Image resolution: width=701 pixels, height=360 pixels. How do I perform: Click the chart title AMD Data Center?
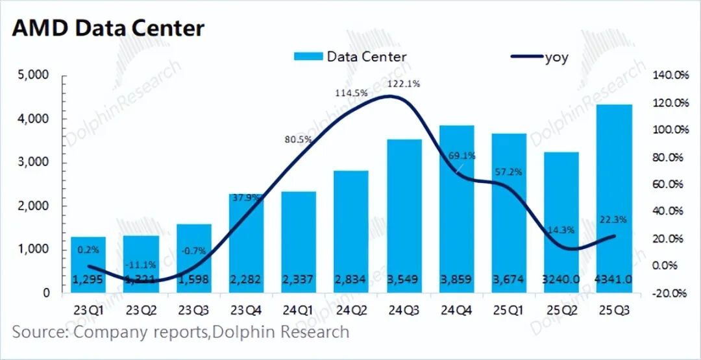pos(108,28)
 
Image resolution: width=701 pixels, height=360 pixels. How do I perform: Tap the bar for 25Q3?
pos(614,198)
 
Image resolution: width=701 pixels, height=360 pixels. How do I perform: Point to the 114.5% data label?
pos(351,93)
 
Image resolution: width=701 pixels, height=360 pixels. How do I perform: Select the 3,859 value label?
pos(457,280)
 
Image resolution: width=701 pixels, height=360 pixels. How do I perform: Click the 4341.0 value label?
pos(614,280)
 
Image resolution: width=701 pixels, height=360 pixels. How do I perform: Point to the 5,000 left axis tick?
pos(32,75)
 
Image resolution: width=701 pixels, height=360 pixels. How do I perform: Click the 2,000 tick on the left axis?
pos(32,206)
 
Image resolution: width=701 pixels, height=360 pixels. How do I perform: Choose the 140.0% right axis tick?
pos(669,75)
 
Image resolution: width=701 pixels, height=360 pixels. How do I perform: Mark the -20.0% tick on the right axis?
pos(669,293)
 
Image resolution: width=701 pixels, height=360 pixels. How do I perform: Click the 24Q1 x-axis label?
pos(299,311)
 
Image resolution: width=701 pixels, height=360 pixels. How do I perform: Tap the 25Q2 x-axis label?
pos(561,311)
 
